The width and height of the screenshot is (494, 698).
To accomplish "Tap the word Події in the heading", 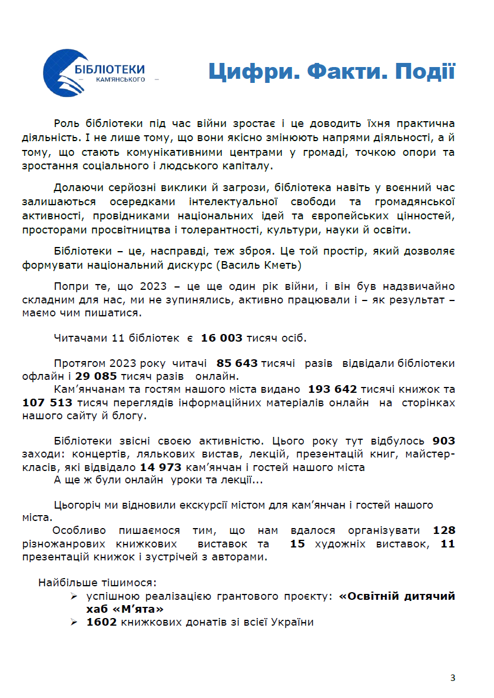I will click(424, 72).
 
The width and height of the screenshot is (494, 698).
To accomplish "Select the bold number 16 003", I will click(221, 338).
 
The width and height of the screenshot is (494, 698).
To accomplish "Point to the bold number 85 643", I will click(237, 363).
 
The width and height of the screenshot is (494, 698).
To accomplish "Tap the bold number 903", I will click(443, 440).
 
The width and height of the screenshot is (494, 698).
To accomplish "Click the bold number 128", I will click(444, 530).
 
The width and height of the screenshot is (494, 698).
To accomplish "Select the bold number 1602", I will click(101, 622).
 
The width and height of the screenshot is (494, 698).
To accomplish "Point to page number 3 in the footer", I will click(452, 678).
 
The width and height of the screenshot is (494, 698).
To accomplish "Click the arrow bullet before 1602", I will click(74, 622).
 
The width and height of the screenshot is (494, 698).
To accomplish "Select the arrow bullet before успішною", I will click(74, 596).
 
